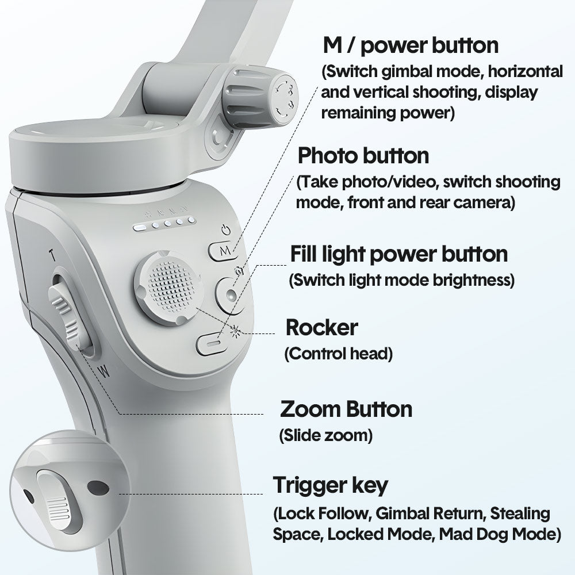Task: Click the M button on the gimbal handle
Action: [x=222, y=251]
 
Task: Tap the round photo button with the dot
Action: [x=231, y=294]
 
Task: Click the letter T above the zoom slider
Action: [x=53, y=255]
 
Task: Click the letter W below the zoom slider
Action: [x=105, y=371]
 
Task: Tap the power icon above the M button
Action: [x=226, y=231]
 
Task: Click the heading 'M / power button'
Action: [x=411, y=45]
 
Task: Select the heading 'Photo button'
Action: [x=363, y=155]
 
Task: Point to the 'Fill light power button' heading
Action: [x=399, y=254]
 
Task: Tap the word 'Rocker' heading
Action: [x=321, y=327]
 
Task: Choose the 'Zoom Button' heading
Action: [x=346, y=409]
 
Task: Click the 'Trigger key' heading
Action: [x=331, y=485]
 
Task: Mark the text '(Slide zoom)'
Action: [x=325, y=435]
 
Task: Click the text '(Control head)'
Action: [x=339, y=354]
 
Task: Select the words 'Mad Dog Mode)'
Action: [x=500, y=534]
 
